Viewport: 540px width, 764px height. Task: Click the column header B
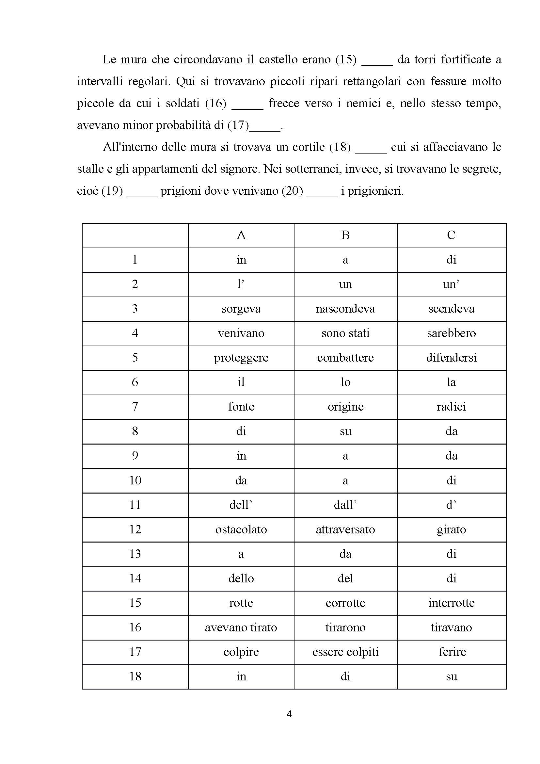coord(345,235)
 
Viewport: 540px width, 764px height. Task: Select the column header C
coord(451,235)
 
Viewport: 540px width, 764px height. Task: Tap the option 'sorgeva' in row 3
coord(241,309)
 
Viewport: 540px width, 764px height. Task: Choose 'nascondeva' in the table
coord(345,309)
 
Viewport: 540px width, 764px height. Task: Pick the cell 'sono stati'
coord(345,333)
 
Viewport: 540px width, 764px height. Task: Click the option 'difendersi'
coord(451,358)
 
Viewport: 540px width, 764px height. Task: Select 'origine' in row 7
coord(345,407)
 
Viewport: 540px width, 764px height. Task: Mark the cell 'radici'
coord(451,407)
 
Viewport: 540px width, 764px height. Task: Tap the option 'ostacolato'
coord(241,529)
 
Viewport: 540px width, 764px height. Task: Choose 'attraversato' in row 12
coord(345,529)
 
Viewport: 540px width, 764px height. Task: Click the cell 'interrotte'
coord(451,603)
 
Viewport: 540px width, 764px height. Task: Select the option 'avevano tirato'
coord(241,627)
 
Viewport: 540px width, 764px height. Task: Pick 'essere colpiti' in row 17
coord(345,652)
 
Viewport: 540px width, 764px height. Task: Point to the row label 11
coord(135,505)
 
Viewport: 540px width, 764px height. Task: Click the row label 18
coord(135,676)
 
